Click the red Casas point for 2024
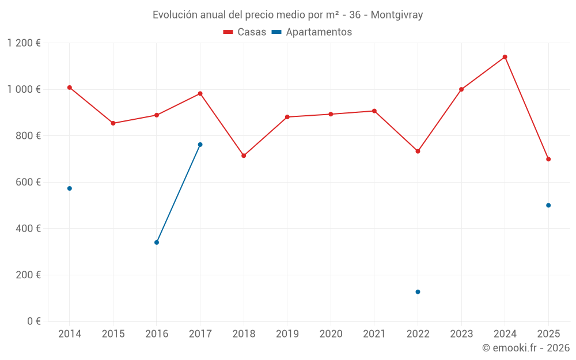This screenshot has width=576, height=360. pyautogui.click(x=505, y=57)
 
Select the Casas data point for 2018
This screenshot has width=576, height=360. pyautogui.click(x=244, y=156)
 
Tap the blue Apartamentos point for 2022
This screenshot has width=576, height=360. pyautogui.click(x=418, y=292)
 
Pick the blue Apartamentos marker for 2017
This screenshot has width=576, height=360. pyautogui.click(x=200, y=145)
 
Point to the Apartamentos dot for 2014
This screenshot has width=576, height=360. pyautogui.click(x=70, y=188)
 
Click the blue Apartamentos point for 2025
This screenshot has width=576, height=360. pyautogui.click(x=548, y=205)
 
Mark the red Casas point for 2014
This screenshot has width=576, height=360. pyautogui.click(x=70, y=88)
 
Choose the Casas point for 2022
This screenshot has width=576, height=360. pyautogui.click(x=418, y=151)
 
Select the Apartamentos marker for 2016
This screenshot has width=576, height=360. pyautogui.click(x=157, y=242)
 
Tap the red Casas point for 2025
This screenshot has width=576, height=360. pyautogui.click(x=548, y=159)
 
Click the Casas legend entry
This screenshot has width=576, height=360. pyautogui.click(x=245, y=32)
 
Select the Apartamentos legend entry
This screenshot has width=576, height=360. pyautogui.click(x=312, y=32)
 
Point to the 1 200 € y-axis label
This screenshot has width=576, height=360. pyautogui.click(x=24, y=43)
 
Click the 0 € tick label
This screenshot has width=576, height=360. pyautogui.click(x=32, y=321)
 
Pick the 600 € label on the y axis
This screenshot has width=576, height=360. pyautogui.click(x=28, y=182)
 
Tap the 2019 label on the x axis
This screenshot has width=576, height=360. pyautogui.click(x=287, y=334)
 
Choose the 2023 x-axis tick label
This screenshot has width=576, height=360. pyautogui.click(x=461, y=334)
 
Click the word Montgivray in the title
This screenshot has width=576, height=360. pyautogui.click(x=397, y=15)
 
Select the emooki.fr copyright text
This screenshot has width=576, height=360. pyautogui.click(x=525, y=348)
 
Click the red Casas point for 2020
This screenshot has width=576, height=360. pyautogui.click(x=331, y=114)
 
